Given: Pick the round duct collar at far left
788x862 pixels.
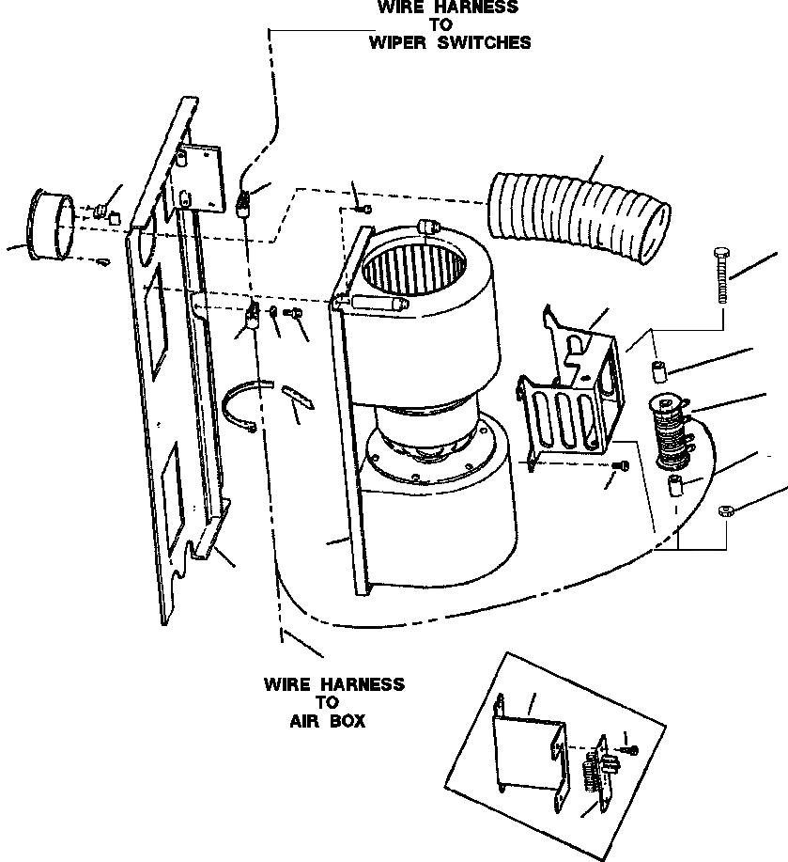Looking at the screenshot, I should click(x=52, y=224).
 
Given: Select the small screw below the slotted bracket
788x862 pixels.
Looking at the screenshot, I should click(x=621, y=467).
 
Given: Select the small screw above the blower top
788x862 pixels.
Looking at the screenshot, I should click(x=367, y=209).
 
